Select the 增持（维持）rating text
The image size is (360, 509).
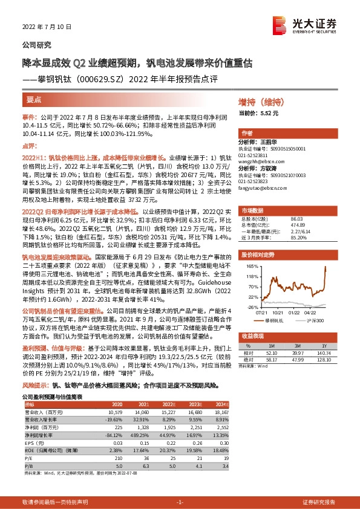click(261, 103)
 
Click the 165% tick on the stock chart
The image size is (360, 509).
click(252, 265)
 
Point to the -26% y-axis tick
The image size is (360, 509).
click(252, 307)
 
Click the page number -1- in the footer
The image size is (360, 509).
click(180, 502)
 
